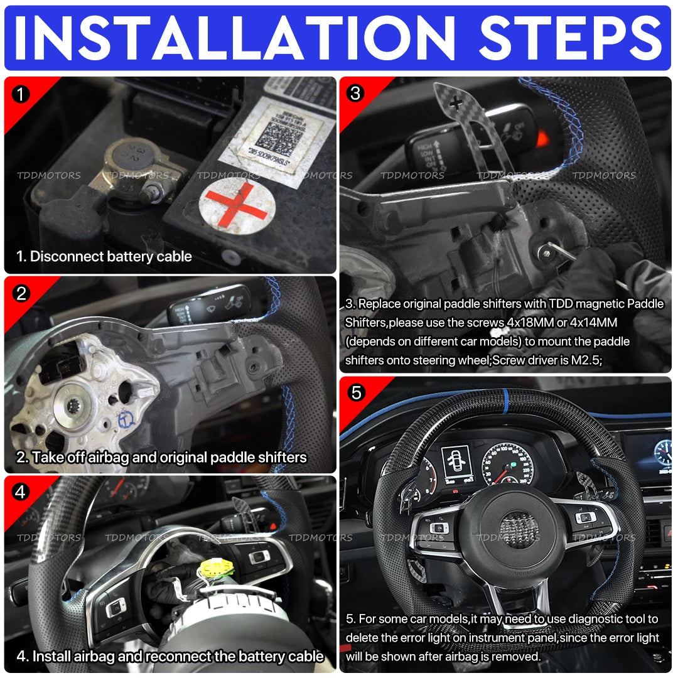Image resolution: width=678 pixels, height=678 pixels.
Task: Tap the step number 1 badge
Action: point(21,94)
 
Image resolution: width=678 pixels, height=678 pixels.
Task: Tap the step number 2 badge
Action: point(21,293)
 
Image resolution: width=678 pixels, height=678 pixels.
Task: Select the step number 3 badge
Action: point(356,94)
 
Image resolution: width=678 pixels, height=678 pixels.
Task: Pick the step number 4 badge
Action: point(21,492)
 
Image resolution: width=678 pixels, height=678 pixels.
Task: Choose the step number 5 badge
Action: point(356,393)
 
